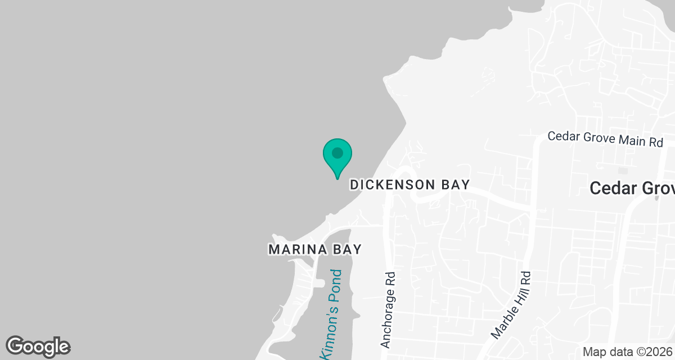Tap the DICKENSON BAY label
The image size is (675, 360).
tap(409, 184)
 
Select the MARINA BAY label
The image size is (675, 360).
tap(314, 249)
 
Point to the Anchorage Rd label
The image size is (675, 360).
tap(388, 310)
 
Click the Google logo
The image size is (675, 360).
tap(38, 346)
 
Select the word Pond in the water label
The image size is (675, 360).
tap(336, 286)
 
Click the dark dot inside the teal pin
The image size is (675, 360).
tap(337, 152)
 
